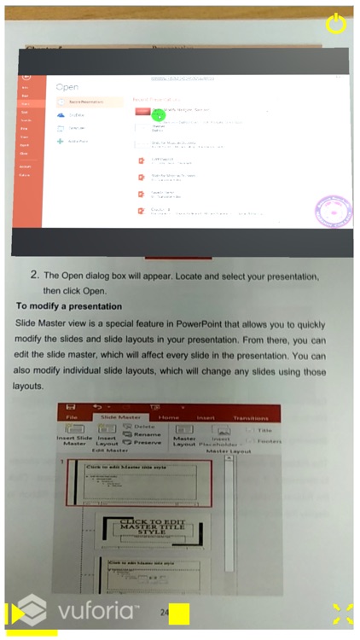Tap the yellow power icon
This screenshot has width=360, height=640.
336,23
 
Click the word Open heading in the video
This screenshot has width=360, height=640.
67,87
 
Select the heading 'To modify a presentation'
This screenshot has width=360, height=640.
69,305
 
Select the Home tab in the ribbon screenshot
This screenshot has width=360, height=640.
169,417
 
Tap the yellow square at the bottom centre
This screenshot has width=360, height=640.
178,614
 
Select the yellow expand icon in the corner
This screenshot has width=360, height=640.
342,614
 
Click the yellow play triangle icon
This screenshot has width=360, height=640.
15,614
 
